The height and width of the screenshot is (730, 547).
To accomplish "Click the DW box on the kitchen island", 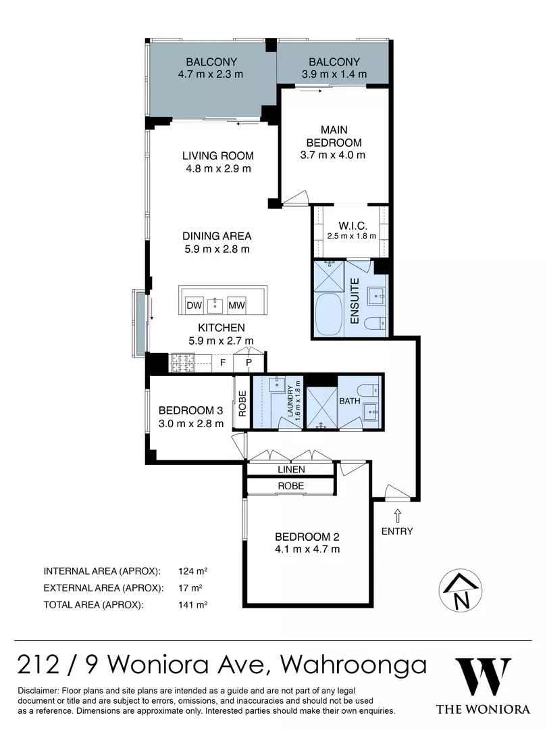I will pos(194,306).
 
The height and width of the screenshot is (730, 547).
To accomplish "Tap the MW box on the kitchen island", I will pos(236,306).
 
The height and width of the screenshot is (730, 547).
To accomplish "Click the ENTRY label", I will pos(397,531).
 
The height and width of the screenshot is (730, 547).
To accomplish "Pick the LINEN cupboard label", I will pos(290,469).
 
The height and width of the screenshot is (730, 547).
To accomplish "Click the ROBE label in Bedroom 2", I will pos(290,486).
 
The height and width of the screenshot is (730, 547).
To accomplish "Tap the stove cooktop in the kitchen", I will pos(182,363).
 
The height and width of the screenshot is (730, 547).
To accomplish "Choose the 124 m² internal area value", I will pos(191,569).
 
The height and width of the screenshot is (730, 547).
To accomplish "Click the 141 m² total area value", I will pos(191,605).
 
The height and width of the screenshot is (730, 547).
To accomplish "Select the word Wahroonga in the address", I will pos(353,664).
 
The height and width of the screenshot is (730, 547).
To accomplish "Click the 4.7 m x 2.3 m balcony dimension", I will pos(210,74).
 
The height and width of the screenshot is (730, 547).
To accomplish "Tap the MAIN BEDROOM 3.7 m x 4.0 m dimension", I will pos(333,154).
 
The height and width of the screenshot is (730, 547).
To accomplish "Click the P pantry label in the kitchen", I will pos(249,363).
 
